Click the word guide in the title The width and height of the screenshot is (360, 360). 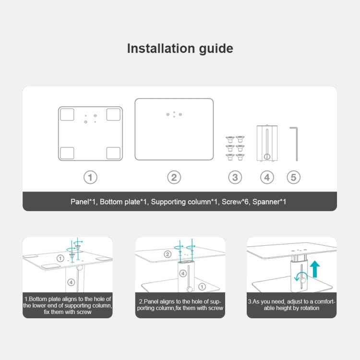coord(216,49)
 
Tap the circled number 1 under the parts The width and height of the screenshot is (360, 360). coord(90,178)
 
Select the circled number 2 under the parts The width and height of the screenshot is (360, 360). coord(174,178)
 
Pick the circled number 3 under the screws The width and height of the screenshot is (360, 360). coord(235,178)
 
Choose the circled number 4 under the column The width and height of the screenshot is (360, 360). coord(267,178)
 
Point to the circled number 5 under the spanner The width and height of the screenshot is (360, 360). coord(294,178)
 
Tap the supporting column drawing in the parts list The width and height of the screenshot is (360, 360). coord(267,143)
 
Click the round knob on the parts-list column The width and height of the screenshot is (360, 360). coord(267,156)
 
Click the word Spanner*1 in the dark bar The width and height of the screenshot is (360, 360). coord(269,202)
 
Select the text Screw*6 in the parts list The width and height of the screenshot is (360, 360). coord(235,202)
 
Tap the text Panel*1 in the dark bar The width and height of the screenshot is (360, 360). coord(83,202)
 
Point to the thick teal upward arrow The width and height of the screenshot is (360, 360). coord(315,269)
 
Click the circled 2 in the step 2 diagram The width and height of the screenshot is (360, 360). coord(168,254)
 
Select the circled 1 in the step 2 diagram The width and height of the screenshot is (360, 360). coord(202,287)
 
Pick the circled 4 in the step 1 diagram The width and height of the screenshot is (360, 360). coord(71,282)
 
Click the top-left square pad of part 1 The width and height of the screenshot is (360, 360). coord(67,115)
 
